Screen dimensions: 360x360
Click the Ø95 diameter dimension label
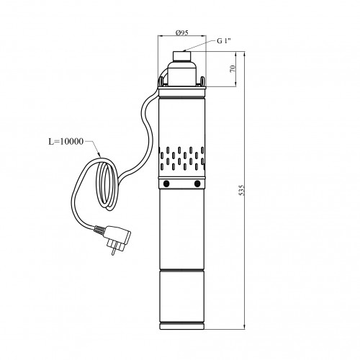pos(181,32)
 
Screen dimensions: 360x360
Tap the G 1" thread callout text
pos(224,41)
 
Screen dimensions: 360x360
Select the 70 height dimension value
pos(233,68)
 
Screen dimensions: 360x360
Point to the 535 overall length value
pos(242,190)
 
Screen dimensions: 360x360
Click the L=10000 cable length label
pos(66,141)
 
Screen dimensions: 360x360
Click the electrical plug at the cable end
pos(116,238)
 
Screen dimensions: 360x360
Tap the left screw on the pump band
pos(166,184)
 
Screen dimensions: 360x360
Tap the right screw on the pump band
pos(197,184)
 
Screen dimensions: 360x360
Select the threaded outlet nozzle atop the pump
pos(181,56)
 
